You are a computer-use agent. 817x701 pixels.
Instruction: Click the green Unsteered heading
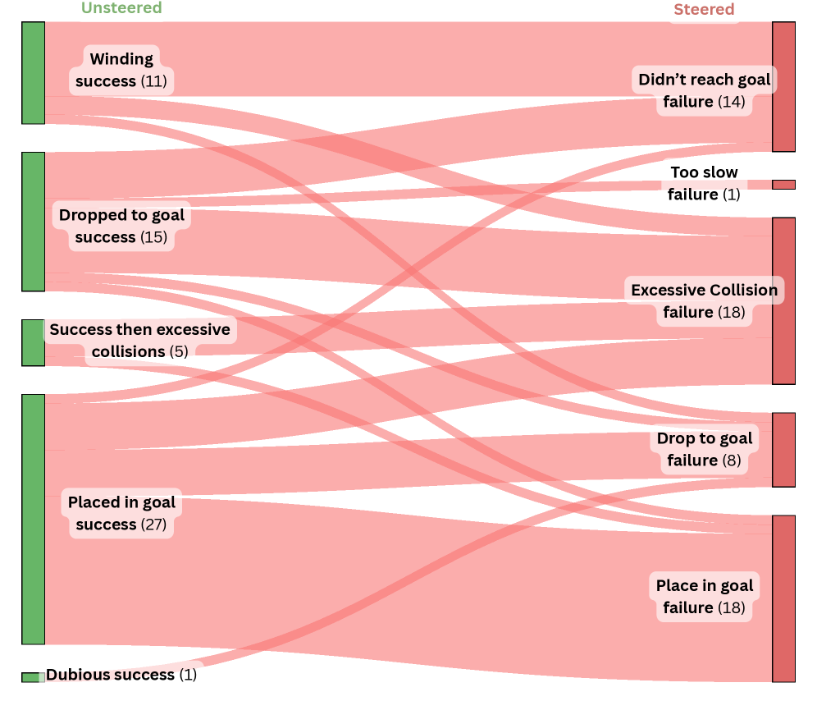(121, 8)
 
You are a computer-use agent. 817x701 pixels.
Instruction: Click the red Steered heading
(704, 10)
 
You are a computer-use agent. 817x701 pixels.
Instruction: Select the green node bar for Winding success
(33, 73)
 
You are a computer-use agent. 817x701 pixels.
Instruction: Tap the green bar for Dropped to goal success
(33, 221)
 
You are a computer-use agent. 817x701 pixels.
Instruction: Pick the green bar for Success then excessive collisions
(33, 342)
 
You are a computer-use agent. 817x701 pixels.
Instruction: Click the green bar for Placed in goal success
(33, 519)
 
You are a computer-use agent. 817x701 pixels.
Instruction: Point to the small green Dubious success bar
(31, 677)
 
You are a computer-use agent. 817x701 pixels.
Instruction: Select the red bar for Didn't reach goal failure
(783, 86)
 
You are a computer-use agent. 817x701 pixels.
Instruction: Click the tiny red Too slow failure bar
(783, 185)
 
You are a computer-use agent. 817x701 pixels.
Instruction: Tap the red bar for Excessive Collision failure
(783, 300)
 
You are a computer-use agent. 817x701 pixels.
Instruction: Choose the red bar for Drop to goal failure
(783, 450)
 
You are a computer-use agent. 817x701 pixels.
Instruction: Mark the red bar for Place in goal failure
(783, 598)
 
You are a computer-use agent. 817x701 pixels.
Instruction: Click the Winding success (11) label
(121, 70)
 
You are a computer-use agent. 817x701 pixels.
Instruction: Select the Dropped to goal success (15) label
(121, 227)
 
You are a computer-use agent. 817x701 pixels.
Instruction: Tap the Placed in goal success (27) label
(121, 513)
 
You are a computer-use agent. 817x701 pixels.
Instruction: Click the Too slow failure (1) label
(704, 183)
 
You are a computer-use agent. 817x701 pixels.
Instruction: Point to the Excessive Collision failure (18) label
(704, 301)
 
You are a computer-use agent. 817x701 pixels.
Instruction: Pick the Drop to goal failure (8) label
(704, 449)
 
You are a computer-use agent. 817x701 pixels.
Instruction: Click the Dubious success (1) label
(121, 675)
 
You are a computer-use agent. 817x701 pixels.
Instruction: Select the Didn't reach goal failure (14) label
(704, 90)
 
